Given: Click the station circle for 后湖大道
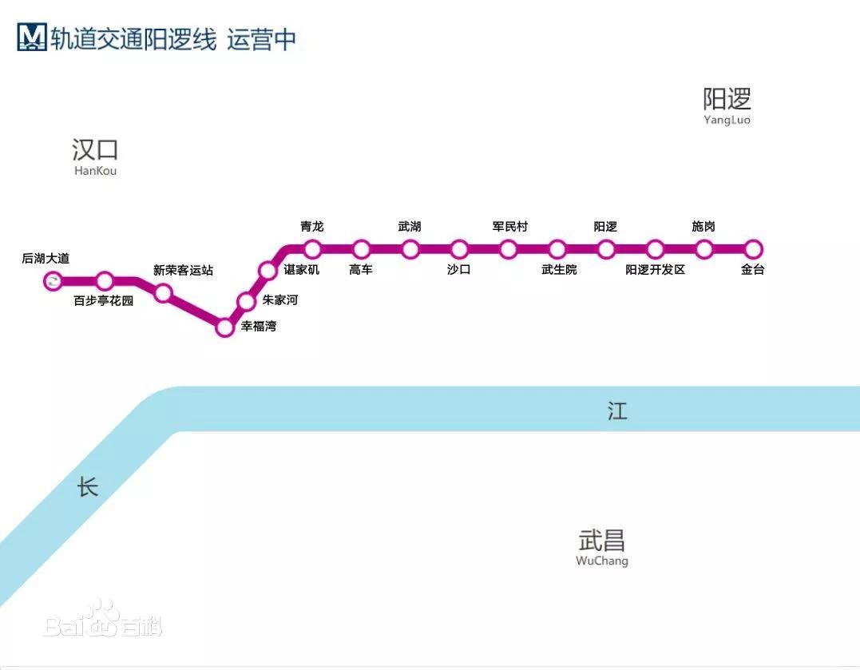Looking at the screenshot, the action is (54, 280).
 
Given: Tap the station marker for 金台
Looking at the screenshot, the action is (753, 249).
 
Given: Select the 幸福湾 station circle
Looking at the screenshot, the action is (225, 327).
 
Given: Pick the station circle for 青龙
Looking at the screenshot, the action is (312, 249).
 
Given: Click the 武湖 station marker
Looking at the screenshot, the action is (410, 249).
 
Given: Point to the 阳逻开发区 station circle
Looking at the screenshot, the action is (656, 249).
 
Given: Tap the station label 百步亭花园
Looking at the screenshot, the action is (104, 301).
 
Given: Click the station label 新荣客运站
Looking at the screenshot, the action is (184, 270).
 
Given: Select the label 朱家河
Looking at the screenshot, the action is (279, 300).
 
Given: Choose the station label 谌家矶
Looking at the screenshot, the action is (302, 270).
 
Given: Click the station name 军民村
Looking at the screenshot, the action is (510, 227).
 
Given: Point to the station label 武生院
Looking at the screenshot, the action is (559, 270).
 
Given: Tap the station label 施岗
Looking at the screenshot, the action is (703, 227).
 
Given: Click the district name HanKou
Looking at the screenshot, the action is (95, 171).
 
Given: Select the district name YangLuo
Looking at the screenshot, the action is (727, 121).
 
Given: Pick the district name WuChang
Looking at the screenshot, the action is (602, 561).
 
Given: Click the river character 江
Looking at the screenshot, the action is (617, 411).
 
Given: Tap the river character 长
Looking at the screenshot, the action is (88, 486).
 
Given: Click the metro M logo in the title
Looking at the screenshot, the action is (32, 38).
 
